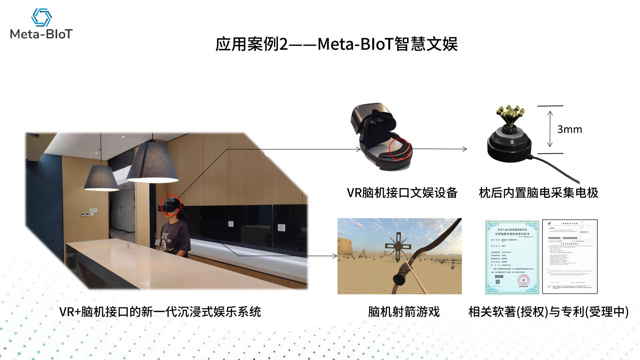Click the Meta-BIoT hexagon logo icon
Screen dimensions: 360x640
pos(41,17)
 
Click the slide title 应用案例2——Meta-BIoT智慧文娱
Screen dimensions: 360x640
pos(336,44)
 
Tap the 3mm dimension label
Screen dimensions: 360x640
pos(569,129)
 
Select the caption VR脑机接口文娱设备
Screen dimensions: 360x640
pos(402,193)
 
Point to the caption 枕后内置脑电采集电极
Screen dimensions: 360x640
pos(538,193)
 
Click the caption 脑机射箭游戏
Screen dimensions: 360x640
pos(404,312)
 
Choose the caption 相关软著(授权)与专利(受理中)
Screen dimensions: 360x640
pos(548,312)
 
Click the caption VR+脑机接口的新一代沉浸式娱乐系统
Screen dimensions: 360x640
pos(160,312)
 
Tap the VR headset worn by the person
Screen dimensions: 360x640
pos(170,205)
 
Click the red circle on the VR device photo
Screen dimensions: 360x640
pos(399,149)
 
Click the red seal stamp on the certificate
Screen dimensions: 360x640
pos(524,281)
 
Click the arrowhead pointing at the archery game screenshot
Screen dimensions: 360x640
pos(335,256)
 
